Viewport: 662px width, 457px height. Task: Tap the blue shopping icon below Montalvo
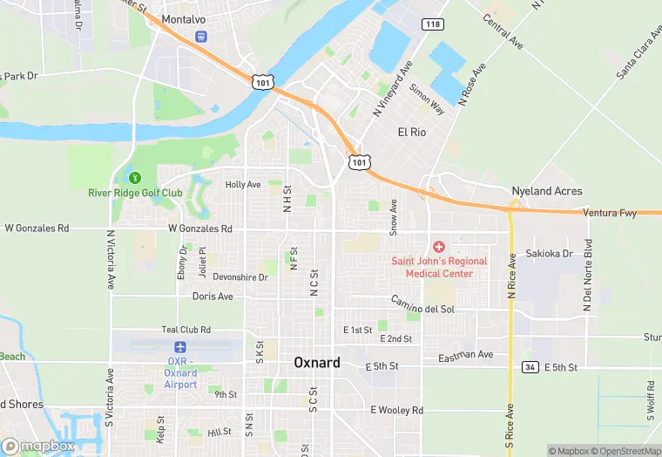201,38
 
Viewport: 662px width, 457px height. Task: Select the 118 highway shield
432,24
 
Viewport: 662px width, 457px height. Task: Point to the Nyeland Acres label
547,191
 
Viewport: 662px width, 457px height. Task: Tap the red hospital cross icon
439,248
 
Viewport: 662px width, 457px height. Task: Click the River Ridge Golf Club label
135,193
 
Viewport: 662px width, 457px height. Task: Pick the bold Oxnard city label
317,362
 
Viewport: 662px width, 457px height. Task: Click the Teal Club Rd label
186,330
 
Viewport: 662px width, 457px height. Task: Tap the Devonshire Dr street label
240,276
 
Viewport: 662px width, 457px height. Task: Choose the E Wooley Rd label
396,410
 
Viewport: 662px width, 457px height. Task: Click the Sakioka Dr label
550,254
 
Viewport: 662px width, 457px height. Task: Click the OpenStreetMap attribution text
629,451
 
